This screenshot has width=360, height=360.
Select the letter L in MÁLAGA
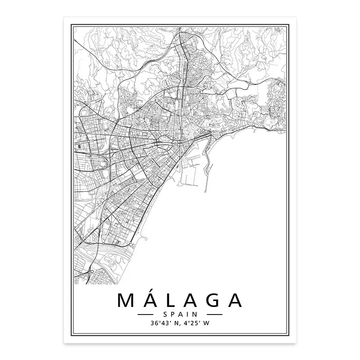(173, 301)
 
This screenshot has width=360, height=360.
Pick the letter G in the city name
(213, 301)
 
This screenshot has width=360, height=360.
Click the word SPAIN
(180, 314)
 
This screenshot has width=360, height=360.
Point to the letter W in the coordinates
(206, 322)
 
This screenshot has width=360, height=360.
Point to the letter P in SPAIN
(174, 314)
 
